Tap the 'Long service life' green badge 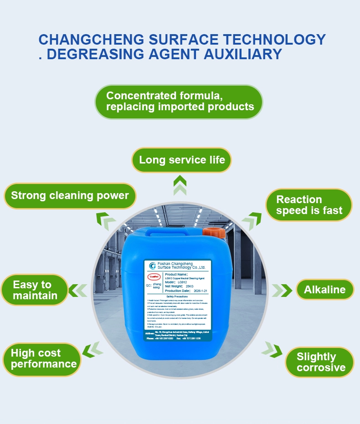pos(182,160)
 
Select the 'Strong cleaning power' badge pos(70,196)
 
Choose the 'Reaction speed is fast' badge pos(309,205)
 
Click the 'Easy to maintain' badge pos(35,290)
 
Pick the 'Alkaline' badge pos(324,290)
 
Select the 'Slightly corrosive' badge pos(320,362)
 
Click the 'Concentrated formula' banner pos(179,102)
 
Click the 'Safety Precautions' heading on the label pos(178,296)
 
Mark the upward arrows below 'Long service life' pos(180,185)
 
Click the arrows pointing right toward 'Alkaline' pos(283,290)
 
